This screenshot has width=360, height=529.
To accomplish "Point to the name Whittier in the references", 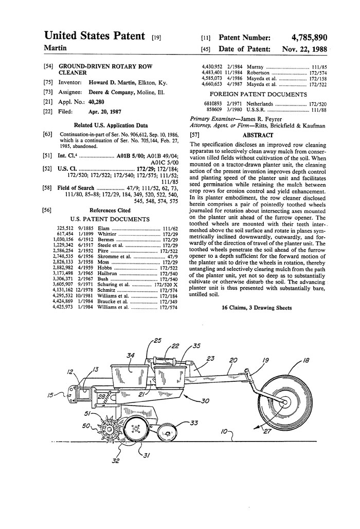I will coord(109,234).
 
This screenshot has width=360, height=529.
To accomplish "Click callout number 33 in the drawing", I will coord(194,423).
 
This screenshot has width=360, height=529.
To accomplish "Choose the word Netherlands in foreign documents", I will coord(264,103).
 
